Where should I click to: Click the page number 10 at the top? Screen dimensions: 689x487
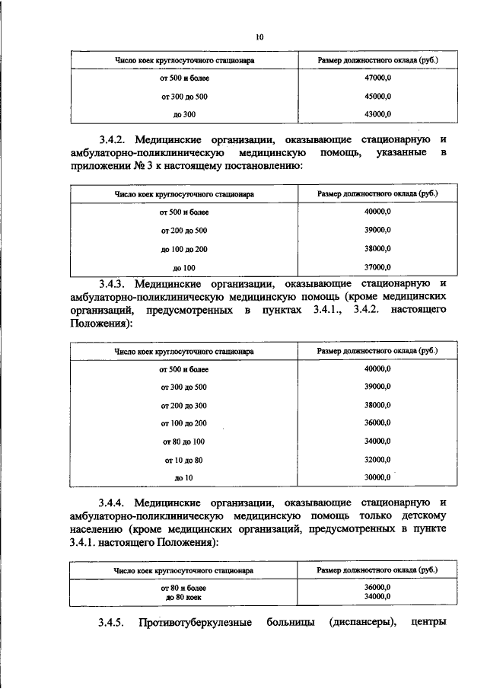coord(259,37)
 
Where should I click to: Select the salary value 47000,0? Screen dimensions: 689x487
coord(378,78)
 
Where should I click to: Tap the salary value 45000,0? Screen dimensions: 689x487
coord(378,97)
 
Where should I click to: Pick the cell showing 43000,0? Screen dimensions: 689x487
coord(378,114)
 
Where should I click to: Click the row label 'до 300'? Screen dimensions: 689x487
coord(184,114)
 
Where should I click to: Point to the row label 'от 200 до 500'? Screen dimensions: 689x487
coord(184,231)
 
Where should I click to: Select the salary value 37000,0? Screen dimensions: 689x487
coord(378,267)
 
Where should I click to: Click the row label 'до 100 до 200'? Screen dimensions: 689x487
coord(184,249)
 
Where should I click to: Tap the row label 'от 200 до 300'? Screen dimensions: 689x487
coord(184,405)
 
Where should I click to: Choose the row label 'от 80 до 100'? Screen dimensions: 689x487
coord(184,442)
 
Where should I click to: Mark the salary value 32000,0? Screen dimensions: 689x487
coord(378,459)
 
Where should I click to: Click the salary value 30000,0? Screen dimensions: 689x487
coord(378,477)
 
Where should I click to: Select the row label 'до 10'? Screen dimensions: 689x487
coord(184,478)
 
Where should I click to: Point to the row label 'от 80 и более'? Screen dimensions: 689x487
coord(184,588)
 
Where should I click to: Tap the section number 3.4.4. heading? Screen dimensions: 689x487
coord(111,502)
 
